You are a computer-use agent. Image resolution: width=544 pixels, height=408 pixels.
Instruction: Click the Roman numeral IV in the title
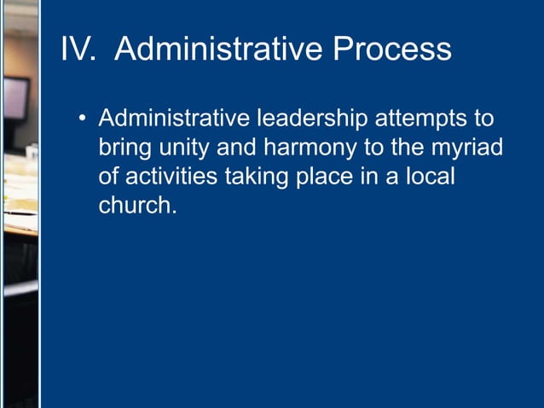pos(79,49)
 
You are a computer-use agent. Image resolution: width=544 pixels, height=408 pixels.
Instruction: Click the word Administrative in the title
pos(217,49)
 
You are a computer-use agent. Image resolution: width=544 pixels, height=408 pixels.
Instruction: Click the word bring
pos(122,149)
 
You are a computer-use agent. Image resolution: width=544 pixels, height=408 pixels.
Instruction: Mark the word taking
pos(258,178)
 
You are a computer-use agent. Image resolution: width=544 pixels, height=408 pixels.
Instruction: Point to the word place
pos(328,178)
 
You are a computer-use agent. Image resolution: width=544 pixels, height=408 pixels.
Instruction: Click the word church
pos(137,206)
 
